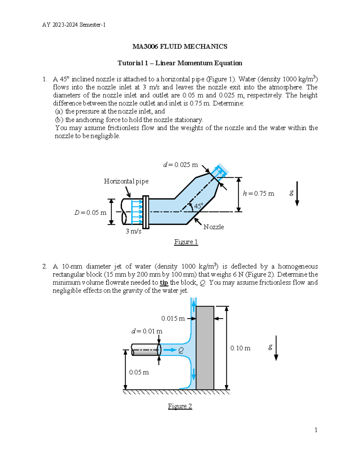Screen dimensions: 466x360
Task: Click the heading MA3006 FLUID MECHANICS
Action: click(180, 47)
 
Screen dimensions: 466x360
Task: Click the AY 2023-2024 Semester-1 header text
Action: click(74, 25)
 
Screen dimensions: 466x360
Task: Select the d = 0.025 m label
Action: click(180, 165)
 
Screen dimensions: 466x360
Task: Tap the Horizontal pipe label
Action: click(126, 181)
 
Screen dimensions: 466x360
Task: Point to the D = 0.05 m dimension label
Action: click(90, 213)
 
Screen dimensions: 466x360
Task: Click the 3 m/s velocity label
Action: click(133, 231)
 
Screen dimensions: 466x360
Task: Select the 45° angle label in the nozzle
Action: click(198, 206)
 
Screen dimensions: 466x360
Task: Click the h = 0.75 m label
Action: click(258, 194)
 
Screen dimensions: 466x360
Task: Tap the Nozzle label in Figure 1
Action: click(214, 227)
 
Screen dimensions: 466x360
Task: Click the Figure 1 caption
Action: click(186, 242)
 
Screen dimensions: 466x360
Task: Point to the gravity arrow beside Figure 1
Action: click(297, 194)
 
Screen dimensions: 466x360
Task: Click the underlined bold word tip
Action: click(164, 283)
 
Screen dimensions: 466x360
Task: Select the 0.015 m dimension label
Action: click(173, 318)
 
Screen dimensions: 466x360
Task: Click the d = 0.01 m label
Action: click(147, 331)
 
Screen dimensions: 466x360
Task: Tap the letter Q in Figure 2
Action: click(181, 350)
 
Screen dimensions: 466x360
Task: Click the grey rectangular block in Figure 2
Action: click(205, 348)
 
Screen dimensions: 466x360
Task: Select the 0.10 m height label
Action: click(240, 348)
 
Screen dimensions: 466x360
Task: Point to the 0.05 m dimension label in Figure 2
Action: click(139, 372)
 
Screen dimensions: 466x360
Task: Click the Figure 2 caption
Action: click(180, 406)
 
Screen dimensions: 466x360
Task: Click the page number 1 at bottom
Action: click(316, 430)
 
